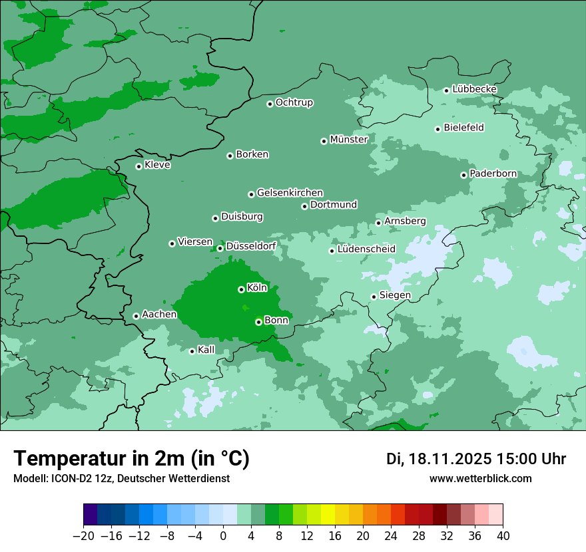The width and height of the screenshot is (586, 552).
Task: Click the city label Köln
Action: tap(257, 288)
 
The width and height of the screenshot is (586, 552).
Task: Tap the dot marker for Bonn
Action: tap(258, 322)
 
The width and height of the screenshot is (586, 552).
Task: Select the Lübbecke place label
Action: tap(474, 89)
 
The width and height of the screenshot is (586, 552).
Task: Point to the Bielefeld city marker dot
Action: tap(438, 129)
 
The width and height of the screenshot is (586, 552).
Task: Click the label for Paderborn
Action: tap(493, 174)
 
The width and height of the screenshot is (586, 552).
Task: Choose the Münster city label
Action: tap(348, 140)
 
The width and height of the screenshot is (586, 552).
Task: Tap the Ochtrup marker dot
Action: tap(270, 104)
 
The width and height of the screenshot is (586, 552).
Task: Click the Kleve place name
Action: tap(157, 165)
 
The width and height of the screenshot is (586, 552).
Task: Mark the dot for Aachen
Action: tap(136, 316)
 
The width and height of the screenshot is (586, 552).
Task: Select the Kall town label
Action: tap(206, 350)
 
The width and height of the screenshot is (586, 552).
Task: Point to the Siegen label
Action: tap(395, 295)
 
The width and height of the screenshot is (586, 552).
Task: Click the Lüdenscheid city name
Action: tap(366, 249)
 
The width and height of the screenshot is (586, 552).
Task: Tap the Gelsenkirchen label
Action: tap(290, 193)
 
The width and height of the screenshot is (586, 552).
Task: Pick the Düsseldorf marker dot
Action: tap(220, 248)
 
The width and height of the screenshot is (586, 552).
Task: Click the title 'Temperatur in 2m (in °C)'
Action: tap(132, 458)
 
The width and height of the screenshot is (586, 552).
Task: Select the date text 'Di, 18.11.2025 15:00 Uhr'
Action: tap(476, 459)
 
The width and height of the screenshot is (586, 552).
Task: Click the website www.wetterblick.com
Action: tap(480, 478)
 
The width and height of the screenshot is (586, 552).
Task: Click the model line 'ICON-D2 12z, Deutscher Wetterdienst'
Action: tap(121, 478)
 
